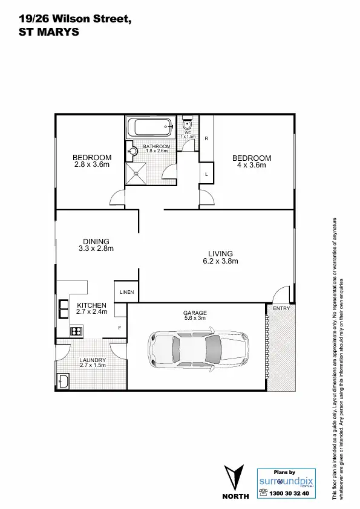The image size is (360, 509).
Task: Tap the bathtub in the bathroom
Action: coord(151,128)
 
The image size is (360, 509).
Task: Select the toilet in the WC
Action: coord(188,125)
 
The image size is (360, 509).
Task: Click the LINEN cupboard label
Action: coord(126,293)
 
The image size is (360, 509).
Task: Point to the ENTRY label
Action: coord(281,308)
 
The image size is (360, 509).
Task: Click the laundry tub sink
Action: coord(64,381)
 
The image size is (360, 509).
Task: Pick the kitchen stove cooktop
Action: coord(76,331)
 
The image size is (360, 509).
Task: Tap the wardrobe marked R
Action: coord(207,138)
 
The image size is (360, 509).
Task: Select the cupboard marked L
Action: coord(207,174)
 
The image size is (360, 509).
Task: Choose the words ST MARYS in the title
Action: coord(41,34)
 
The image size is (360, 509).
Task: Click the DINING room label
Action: coord(96,241)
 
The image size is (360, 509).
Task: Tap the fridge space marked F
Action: coord(120,328)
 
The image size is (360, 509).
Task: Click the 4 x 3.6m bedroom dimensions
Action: coord(252,165)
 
